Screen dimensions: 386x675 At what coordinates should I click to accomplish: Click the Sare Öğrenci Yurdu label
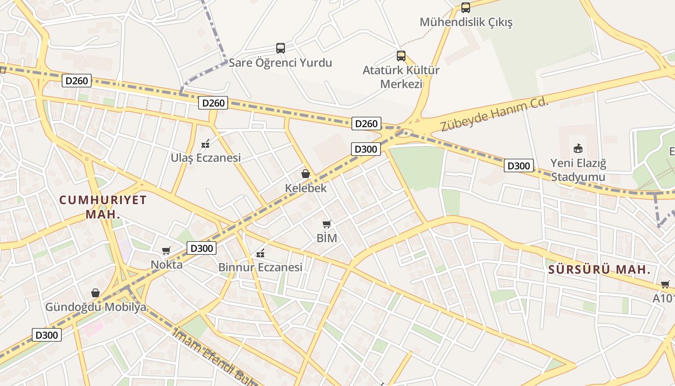pos(280,63)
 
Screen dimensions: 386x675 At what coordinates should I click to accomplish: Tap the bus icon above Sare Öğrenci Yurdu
pos(281,48)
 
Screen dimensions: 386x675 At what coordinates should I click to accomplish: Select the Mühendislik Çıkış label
pos(466,22)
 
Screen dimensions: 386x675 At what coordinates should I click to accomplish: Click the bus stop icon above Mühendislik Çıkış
pos(465,7)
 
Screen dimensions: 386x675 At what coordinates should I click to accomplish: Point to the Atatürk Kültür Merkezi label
pos(401,77)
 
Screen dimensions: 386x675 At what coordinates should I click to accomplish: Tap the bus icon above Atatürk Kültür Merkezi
pos(401,56)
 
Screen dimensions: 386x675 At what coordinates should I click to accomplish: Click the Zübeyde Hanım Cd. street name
pos(495,114)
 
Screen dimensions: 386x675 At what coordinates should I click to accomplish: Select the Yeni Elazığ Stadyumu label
pos(578,170)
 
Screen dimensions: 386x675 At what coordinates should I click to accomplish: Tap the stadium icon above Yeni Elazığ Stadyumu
pos(578,148)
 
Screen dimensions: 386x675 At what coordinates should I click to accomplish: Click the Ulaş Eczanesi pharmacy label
pos(206,158)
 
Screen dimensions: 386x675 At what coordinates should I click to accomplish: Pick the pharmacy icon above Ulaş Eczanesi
pos(205,143)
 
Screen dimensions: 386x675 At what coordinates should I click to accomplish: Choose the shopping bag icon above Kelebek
pos(306,174)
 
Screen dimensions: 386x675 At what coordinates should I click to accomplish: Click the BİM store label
pos(327,238)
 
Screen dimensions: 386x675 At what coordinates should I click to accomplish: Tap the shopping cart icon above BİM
pos(327,224)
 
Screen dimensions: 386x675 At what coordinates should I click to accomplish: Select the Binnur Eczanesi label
pos(260,267)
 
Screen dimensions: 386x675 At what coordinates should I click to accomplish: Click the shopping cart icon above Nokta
pos(166,250)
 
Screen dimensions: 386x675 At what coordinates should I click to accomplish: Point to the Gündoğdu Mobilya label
pos(95,307)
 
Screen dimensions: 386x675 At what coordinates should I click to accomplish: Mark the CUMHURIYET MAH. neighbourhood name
pos(103,207)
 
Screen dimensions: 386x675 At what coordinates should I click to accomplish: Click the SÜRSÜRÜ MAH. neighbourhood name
pos(600,270)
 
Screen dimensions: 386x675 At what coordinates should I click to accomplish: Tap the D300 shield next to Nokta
pos(201,248)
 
